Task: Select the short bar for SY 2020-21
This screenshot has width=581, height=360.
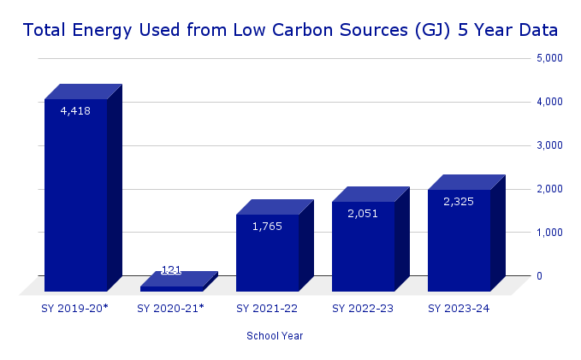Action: coord(172,288)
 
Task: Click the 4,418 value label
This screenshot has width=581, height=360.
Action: coord(75,110)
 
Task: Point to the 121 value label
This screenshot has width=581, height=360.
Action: coord(171,270)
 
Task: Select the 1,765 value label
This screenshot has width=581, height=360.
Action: coord(267,226)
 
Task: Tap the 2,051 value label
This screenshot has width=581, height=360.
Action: coord(363,213)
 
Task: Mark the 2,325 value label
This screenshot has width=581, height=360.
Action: coord(459,201)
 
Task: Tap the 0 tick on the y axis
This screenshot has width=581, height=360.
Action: coord(539,276)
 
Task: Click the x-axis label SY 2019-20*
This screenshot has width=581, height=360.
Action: coord(75,308)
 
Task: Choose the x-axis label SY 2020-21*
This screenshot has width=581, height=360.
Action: coord(171,308)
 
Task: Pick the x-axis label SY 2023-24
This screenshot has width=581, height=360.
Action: coord(459,308)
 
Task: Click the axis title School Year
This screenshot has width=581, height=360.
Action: coord(275,336)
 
